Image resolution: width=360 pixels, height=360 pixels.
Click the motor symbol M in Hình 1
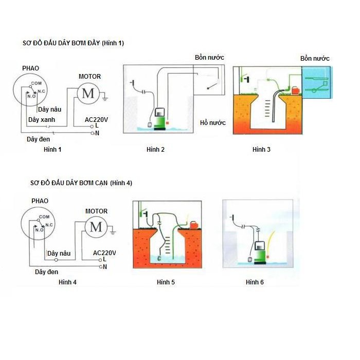coord(88,93)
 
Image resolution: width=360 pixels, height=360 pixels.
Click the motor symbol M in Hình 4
coord(96,227)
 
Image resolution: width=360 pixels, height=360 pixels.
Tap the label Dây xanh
coord(42,120)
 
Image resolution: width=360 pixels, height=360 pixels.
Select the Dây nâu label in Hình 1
coord(49,109)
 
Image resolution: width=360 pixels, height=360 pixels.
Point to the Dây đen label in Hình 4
coord(46,272)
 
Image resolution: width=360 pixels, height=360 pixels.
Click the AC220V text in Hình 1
coord(97,120)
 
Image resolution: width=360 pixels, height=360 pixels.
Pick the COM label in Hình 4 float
coord(44,217)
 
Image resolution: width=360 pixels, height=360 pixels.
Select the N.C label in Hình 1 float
coord(42,91)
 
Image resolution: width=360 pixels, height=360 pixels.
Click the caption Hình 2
coord(155,150)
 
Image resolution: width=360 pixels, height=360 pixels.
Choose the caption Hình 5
coord(166,282)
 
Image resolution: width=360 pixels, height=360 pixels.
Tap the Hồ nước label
coord(212,123)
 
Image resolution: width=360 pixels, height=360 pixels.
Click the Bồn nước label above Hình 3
coord(315,59)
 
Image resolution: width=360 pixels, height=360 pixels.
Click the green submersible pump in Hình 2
coord(160,119)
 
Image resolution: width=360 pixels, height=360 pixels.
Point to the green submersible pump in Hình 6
coord(260,253)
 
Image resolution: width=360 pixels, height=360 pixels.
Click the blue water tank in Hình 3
coord(317,82)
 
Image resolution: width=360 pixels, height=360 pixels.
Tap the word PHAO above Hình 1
coord(30,68)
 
